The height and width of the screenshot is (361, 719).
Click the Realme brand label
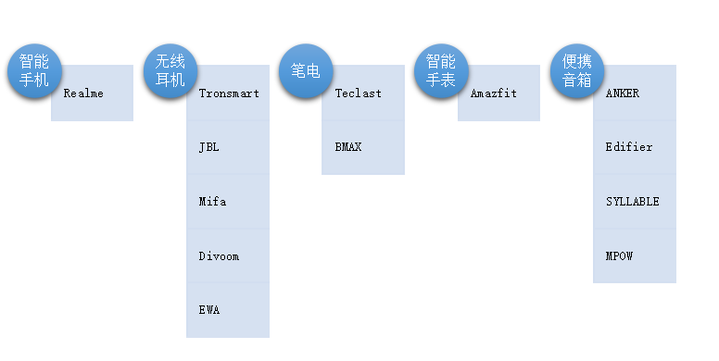pyautogui.click(x=83, y=93)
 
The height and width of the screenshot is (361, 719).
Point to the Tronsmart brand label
pyautogui.click(x=229, y=93)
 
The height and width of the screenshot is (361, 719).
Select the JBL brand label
pyautogui.click(x=208, y=147)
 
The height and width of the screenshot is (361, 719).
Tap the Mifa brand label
pyautogui.click(x=212, y=202)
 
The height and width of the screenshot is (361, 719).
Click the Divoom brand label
pyautogui.click(x=219, y=256)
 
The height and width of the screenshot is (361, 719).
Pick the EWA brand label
pyautogui.click(x=208, y=310)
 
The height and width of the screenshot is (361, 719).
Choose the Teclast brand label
pyautogui.click(x=358, y=93)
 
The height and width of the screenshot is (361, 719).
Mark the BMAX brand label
pyautogui.click(x=347, y=147)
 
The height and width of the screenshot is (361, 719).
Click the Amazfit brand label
pyautogui.click(x=493, y=93)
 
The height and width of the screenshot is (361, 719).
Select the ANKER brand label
pyautogui.click(x=622, y=93)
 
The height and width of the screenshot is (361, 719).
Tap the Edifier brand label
pyautogui.click(x=628, y=147)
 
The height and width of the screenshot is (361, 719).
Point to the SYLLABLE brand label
pyautogui.click(x=632, y=202)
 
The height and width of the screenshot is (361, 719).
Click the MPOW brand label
pyautogui.click(x=619, y=256)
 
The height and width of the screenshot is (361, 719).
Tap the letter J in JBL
pyautogui.click(x=202, y=147)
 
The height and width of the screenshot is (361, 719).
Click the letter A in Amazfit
pyautogui.click(x=473, y=93)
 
